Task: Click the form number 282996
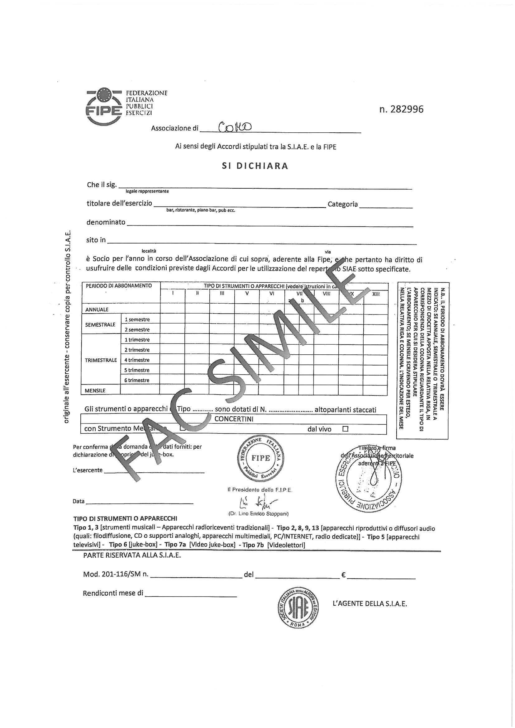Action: coord(401,109)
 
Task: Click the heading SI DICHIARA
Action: coord(255,166)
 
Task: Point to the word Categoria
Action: coord(343,205)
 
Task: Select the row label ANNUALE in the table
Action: coord(97,310)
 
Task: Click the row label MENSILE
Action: coord(95,391)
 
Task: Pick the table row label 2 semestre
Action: coord(137,330)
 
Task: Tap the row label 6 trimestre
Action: coord(137,380)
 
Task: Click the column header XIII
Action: coord(376,294)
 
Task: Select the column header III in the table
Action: coord(222,294)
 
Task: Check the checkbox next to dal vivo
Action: coord(346,429)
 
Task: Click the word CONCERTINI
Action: coord(234,419)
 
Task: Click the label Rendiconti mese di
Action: coord(113,593)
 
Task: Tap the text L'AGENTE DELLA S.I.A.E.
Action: coord(370,604)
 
